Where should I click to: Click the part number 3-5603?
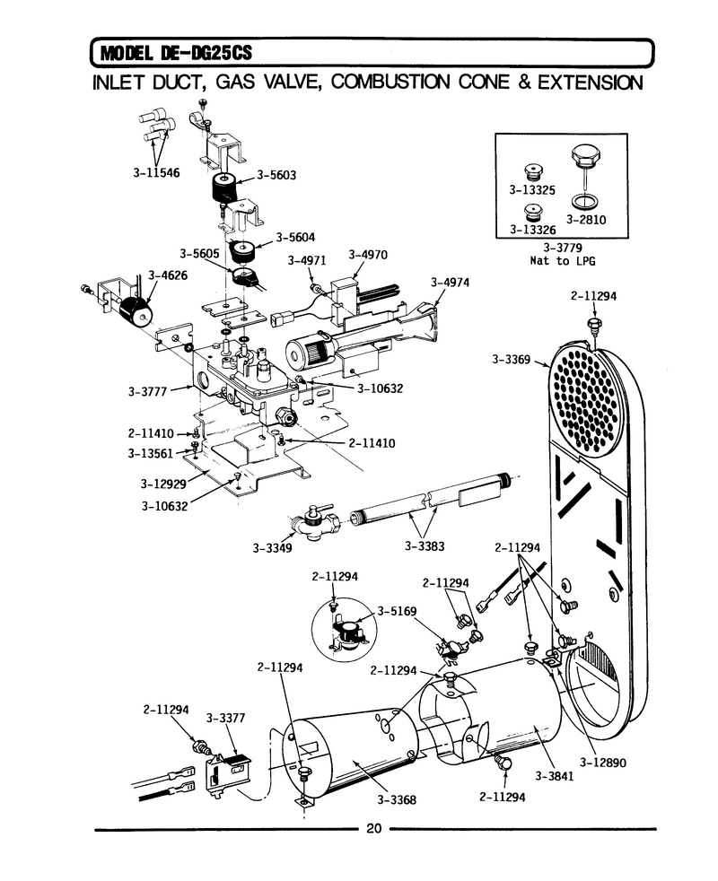[x=276, y=175]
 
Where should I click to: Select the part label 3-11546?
[x=156, y=172]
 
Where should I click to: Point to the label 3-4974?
[x=450, y=282]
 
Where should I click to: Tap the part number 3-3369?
[x=511, y=359]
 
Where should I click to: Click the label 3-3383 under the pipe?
[x=424, y=545]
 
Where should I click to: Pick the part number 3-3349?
[x=272, y=548]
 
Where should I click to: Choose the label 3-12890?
[x=603, y=763]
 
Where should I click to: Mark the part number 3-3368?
[x=397, y=799]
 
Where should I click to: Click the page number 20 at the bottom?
[x=374, y=828]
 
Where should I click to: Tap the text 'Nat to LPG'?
[x=562, y=261]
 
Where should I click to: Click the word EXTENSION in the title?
[x=591, y=83]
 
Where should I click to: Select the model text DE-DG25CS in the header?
[x=206, y=53]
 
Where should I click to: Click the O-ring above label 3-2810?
[x=584, y=201]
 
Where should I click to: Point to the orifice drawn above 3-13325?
[x=531, y=170]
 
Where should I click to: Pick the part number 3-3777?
[x=147, y=392]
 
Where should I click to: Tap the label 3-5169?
[x=397, y=611]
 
